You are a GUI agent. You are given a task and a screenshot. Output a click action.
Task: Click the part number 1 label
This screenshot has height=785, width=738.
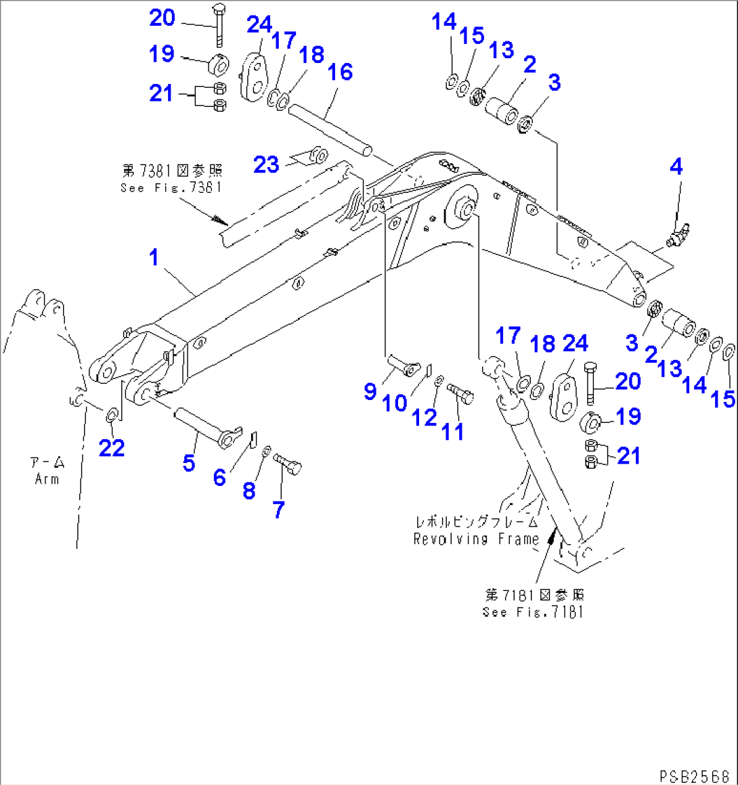[x=154, y=258]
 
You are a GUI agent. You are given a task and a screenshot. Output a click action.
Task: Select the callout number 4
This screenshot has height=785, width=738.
[x=676, y=166]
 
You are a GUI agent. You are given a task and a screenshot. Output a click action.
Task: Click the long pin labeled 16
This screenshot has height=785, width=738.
[x=330, y=126]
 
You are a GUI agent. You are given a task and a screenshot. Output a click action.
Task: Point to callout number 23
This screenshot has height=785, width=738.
[x=266, y=164]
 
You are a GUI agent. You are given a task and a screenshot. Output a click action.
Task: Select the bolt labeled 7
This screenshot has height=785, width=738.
[x=289, y=466]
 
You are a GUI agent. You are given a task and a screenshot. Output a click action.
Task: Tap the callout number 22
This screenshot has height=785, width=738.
[x=112, y=447]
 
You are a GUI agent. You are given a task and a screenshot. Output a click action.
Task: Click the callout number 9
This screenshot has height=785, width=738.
[x=370, y=391]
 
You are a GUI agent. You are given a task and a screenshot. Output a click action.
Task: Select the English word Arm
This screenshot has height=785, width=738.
[x=47, y=479]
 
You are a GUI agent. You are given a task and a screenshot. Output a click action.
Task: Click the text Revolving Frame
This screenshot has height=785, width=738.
[x=476, y=539]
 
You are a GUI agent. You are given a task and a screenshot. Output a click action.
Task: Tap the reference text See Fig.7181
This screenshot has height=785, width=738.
[x=533, y=612]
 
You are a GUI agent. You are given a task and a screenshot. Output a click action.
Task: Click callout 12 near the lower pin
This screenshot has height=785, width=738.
[x=425, y=418]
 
